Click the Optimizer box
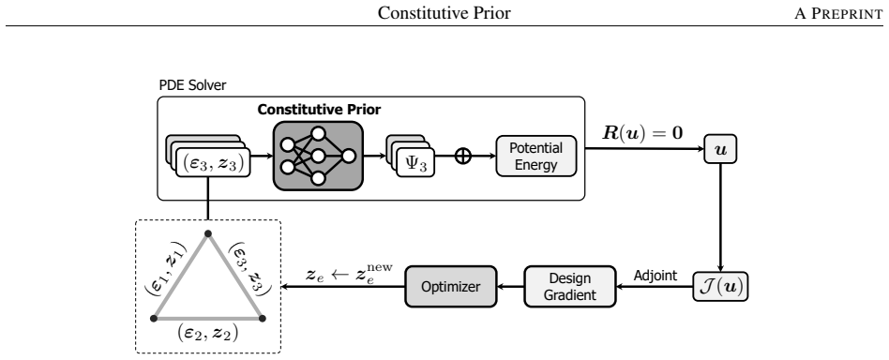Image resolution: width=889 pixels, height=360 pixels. pos(451,286)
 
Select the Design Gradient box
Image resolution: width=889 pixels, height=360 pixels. pos(570,286)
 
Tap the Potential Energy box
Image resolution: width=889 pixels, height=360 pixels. pos(536,156)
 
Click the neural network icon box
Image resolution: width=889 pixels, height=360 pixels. pos(318,156)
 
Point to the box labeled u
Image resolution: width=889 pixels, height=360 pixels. pos(720,149)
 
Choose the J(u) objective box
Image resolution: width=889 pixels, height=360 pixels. pos(720,286)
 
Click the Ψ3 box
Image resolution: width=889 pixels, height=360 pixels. pos(415,162)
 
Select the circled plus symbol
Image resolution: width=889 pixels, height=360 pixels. pos(463,156)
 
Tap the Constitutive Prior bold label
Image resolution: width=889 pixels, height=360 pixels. pos(319,110)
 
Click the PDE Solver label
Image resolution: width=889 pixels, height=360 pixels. pos(193,85)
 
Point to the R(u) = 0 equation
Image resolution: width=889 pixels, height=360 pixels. pos(642,134)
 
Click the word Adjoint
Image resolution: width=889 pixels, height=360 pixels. pos(655,276)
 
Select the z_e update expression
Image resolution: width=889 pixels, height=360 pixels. pos(349,274)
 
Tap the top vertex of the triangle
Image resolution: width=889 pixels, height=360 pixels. pos(208,233)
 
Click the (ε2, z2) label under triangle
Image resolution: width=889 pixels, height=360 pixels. pos(207,332)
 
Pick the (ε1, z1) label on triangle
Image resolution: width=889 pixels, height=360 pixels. pos(166,268)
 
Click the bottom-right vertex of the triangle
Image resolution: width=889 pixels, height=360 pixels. pos(262,318)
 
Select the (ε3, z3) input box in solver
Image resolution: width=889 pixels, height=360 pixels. pos(213,163)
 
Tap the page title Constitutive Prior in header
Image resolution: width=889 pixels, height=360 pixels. pos(444,13)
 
